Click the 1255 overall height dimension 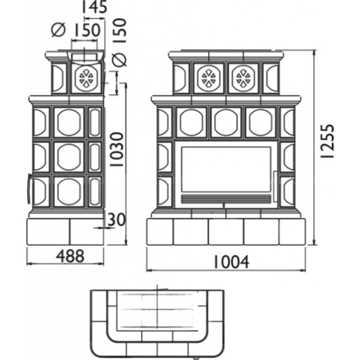327,141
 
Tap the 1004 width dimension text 232,262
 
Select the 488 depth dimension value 70,256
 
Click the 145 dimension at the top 94,7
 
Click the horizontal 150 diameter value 86,30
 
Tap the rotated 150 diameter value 120,31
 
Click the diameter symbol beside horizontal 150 58,30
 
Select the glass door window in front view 226,170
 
